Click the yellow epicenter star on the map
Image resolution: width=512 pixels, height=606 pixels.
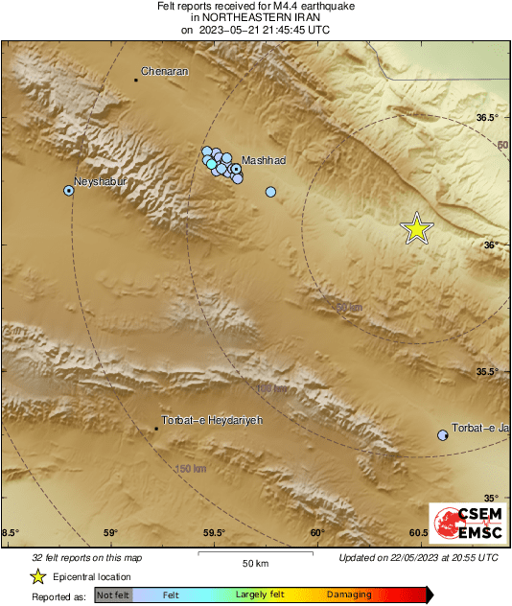click(x=416, y=229)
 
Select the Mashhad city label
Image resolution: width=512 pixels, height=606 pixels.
click(x=264, y=160)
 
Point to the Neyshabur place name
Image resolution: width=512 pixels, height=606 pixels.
click(x=101, y=181)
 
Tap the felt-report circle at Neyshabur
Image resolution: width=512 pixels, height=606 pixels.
click(x=69, y=191)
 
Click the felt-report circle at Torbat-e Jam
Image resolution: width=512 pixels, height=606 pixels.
click(x=442, y=435)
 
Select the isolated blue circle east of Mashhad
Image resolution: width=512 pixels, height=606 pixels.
click(x=270, y=192)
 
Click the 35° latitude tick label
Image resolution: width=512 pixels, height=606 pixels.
click(x=491, y=498)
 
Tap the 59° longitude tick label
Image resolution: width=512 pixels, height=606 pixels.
click(x=110, y=533)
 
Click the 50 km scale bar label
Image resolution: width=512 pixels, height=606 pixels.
click(x=254, y=562)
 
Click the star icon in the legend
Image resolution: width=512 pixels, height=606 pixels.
click(x=38, y=576)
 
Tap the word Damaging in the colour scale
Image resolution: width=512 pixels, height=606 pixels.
click(x=349, y=595)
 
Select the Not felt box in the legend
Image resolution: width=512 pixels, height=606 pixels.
click(x=112, y=595)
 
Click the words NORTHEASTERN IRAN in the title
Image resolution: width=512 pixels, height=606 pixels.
click(x=255, y=17)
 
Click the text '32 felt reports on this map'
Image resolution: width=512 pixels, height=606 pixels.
click(x=86, y=557)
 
